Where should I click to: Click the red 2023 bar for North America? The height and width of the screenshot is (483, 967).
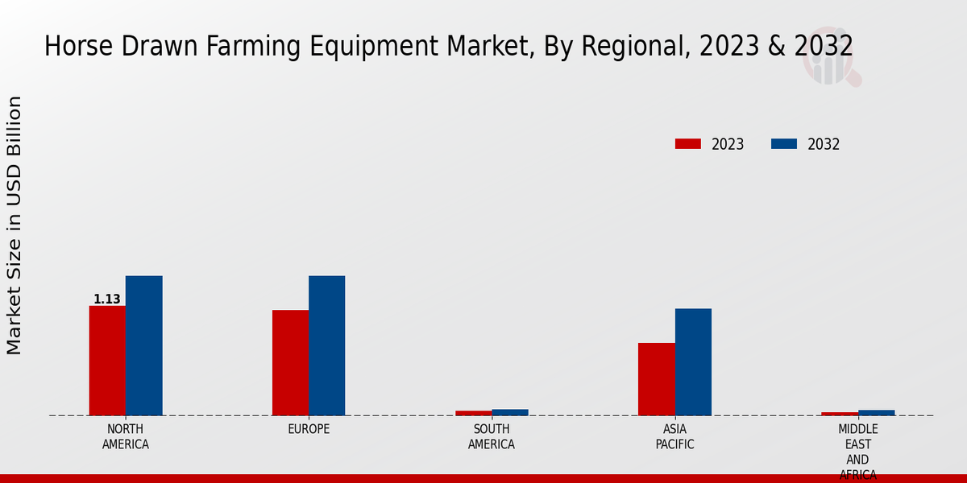(x=107, y=361)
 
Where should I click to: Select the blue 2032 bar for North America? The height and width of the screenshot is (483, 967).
(x=143, y=346)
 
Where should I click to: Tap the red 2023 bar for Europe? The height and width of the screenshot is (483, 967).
(x=290, y=363)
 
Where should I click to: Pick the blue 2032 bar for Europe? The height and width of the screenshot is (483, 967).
(x=326, y=346)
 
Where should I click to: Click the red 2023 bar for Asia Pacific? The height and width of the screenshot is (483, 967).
(x=656, y=379)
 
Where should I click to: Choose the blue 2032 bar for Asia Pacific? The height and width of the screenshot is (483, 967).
(x=693, y=362)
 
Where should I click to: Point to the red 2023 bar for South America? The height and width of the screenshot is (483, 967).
(x=473, y=413)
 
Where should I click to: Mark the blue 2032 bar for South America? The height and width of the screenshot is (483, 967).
(x=510, y=412)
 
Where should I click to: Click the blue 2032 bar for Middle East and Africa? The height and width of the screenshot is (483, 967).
(x=876, y=412)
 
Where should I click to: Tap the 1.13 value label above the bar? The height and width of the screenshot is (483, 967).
(x=107, y=299)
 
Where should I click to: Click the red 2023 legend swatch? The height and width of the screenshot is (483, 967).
(x=687, y=144)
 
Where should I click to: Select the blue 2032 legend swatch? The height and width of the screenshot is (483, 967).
(x=783, y=144)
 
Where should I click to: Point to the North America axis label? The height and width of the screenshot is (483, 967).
(x=126, y=436)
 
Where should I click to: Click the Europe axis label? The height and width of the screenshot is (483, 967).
(x=309, y=429)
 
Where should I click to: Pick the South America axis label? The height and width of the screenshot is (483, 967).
(x=492, y=436)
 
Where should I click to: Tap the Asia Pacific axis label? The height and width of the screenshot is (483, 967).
(x=674, y=436)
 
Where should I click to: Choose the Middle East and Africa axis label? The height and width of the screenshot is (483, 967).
(x=857, y=451)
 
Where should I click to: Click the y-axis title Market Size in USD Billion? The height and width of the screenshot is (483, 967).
(x=15, y=225)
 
